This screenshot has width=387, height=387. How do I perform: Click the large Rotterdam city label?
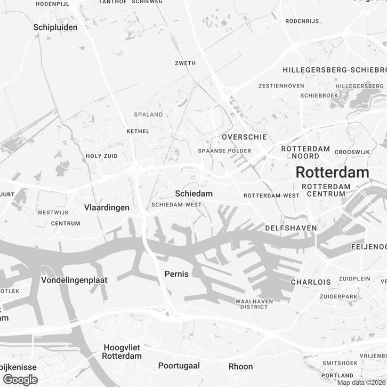332,172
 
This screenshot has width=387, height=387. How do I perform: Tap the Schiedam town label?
193,193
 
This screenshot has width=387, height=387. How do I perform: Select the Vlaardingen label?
107,207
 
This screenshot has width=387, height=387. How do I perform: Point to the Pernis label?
176,274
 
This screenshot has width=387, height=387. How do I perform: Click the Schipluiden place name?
55,27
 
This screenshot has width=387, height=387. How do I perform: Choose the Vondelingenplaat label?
74,280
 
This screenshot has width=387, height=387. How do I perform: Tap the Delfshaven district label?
291,228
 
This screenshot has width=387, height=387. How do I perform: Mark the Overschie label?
244,137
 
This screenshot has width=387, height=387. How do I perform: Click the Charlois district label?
311,281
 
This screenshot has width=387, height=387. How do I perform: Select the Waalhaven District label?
254,304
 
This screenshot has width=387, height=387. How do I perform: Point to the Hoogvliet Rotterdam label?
122,352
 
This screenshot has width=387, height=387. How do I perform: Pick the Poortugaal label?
179,366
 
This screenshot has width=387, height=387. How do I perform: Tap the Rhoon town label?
240,366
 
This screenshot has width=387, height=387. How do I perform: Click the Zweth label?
185,63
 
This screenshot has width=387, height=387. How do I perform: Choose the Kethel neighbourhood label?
138,131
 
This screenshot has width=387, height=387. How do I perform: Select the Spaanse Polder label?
224,151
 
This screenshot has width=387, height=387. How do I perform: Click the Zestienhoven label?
281,86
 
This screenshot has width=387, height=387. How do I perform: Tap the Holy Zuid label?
101,156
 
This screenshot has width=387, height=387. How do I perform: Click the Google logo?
20,380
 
